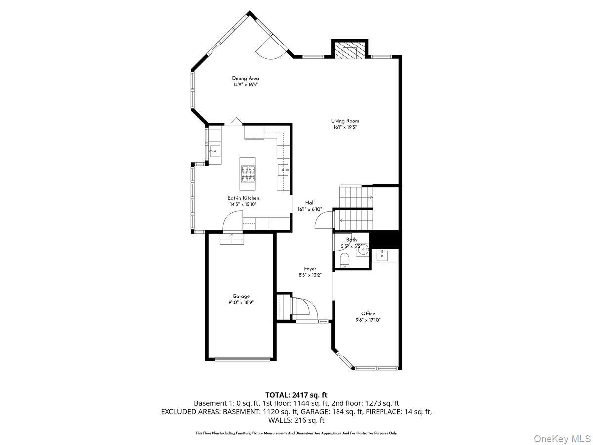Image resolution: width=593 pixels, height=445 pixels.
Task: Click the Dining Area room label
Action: click(x=246, y=78)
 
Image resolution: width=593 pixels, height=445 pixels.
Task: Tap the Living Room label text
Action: click(x=345, y=121)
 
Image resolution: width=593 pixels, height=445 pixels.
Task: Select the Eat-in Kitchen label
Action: click(x=243, y=198)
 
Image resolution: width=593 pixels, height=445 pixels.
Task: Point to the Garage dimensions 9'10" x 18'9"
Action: click(x=241, y=302)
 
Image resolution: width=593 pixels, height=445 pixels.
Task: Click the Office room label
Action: click(x=368, y=313)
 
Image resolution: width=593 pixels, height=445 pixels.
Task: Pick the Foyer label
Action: click(x=310, y=269)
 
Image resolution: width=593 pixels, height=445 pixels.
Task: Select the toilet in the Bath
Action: click(x=345, y=260)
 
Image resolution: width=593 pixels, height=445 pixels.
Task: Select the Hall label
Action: click(x=310, y=203)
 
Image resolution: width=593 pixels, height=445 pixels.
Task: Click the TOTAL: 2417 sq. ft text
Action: click(x=296, y=395)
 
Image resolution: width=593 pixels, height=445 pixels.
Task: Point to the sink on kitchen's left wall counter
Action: click(x=215, y=151)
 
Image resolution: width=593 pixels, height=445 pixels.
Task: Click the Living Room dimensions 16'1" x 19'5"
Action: click(x=345, y=127)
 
